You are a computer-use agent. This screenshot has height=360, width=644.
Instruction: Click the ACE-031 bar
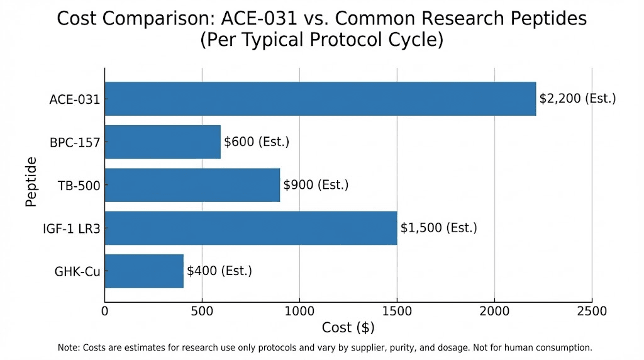320,99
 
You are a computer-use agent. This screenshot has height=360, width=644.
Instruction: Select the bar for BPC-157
163,142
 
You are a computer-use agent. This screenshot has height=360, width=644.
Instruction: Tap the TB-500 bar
192,185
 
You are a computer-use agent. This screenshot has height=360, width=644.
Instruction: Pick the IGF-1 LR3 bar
251,228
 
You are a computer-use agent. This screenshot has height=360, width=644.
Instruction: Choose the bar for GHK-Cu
144,271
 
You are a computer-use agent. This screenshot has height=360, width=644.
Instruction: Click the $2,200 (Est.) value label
577,99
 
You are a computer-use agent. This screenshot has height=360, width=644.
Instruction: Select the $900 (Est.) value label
316,185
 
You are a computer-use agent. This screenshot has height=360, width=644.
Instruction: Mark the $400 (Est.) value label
219,271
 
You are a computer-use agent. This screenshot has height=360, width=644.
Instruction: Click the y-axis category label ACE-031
74,99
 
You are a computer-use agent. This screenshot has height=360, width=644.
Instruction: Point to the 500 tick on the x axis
202,311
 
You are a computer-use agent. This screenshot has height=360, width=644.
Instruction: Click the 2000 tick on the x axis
494,311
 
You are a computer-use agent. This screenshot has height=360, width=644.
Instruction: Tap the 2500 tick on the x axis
592,311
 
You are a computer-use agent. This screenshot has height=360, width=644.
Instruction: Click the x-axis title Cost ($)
348,328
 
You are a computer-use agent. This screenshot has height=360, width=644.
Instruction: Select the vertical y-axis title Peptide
31,183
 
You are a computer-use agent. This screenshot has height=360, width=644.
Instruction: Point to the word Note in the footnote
69,347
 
